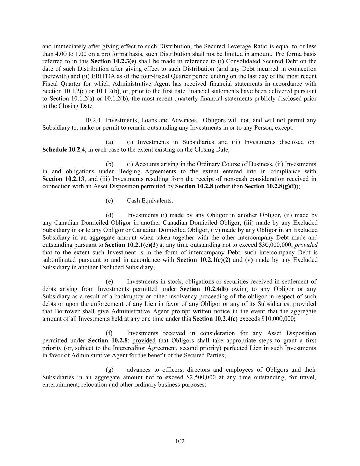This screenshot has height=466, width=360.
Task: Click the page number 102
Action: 180,441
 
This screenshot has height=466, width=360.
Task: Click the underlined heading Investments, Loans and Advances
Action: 151,120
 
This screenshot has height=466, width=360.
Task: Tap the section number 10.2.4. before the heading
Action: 93,120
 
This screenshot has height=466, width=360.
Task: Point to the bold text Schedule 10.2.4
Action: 63,150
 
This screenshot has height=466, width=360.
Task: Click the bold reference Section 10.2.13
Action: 63,179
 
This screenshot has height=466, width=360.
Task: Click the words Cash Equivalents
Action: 150,201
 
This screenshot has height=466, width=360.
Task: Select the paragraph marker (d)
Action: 110,215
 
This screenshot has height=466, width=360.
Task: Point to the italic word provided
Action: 306,245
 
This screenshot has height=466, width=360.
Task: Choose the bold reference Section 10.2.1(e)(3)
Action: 131,245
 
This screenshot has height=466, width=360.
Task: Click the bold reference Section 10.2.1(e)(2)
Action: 203,260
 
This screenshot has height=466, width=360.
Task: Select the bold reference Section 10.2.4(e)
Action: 215,319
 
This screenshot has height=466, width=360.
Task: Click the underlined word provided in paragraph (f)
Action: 144,341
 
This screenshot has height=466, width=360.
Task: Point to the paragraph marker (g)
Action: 110,370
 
